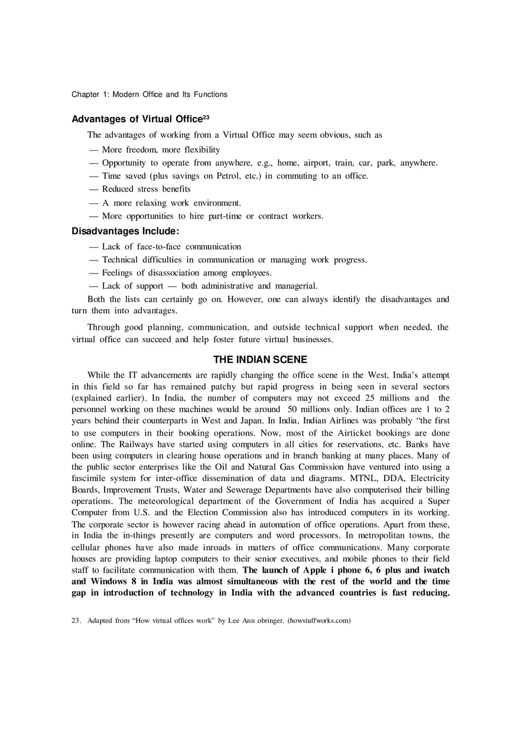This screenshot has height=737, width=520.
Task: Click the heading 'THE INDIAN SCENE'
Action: click(x=260, y=359)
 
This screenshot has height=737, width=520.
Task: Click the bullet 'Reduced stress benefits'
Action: click(x=146, y=189)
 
